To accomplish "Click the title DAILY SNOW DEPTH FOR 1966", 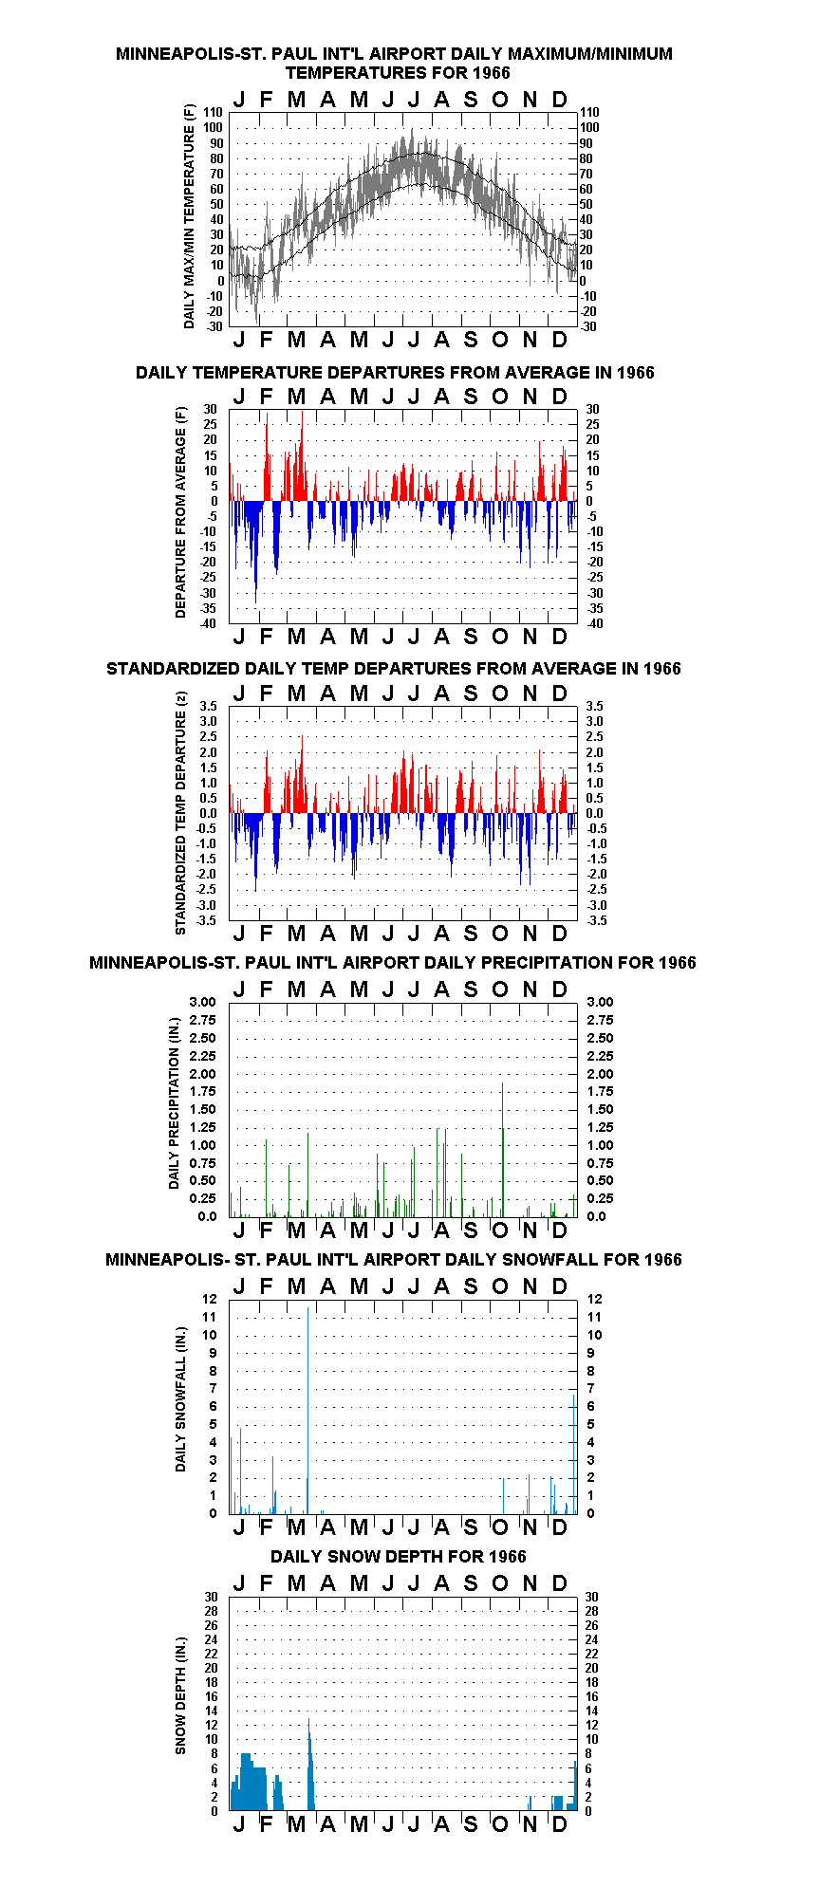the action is tap(398, 1556).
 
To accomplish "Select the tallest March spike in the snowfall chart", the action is tap(307, 1410).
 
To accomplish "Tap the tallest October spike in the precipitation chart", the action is tap(502, 1149).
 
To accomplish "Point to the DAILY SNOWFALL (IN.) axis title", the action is tap(180, 1399).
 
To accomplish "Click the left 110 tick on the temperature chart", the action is tap(213, 112).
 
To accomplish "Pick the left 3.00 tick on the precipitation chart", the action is tap(203, 1002).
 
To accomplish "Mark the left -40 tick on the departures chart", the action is tap(209, 623).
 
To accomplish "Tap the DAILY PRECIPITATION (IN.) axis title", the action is tap(174, 1103).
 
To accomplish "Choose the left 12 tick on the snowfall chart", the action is tap(210, 1299).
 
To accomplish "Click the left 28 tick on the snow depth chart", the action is tap(210, 1611).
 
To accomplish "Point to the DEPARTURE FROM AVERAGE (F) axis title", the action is tap(180, 512).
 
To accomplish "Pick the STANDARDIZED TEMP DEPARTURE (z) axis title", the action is tap(180, 813).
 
